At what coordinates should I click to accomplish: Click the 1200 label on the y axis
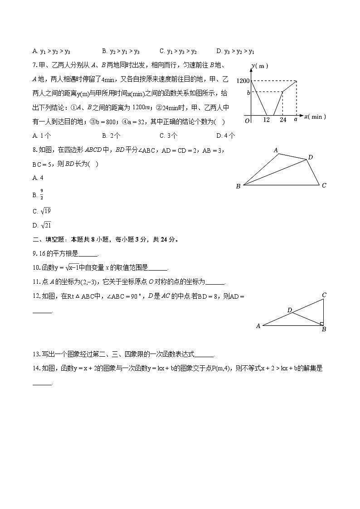coord(243,81)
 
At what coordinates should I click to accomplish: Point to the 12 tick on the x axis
coord(267,120)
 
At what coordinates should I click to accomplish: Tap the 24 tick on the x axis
coord(282,120)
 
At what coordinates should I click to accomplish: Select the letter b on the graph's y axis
coord(248,92)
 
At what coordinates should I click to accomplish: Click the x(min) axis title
coord(315,117)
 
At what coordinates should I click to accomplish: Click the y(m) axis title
coord(260,66)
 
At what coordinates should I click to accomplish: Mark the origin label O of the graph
coord(247,121)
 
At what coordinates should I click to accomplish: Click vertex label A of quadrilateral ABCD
coord(276,150)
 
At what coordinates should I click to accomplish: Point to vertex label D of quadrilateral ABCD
coord(311,157)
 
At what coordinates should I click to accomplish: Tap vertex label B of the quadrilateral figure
coord(238,186)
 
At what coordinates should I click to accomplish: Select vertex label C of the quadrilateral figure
coord(324,185)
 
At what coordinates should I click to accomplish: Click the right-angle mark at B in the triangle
coord(321,324)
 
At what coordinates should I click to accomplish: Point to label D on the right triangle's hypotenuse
coord(289,310)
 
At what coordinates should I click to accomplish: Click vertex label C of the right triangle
coord(324,295)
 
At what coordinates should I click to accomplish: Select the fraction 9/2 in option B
coord(42,195)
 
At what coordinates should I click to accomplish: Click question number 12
coord(37,296)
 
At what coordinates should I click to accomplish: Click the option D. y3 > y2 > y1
coord(235,52)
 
